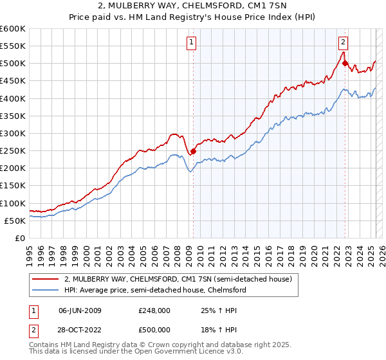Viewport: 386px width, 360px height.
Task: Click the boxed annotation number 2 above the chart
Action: click(343, 43)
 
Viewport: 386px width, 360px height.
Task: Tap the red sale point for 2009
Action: click(193, 152)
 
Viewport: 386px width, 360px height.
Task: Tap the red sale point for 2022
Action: click(345, 63)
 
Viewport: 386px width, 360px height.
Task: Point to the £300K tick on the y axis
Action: click(13, 133)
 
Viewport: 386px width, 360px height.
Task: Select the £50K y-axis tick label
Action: click(15, 221)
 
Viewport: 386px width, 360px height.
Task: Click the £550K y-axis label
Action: click(13, 46)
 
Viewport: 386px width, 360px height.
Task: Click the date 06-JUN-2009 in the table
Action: click(80, 311)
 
